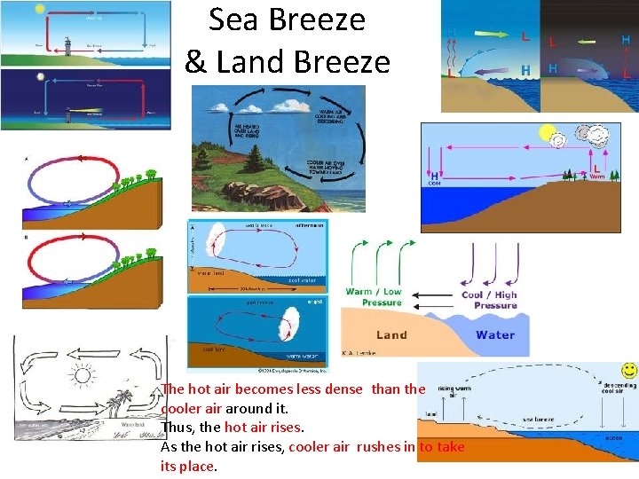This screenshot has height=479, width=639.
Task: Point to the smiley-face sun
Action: point(628,370)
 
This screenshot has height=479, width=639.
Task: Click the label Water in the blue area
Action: point(495,334)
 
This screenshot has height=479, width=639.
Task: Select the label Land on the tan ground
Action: point(391,334)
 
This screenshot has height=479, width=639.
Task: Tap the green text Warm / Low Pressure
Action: point(374,297)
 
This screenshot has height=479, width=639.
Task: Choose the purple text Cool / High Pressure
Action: point(489,300)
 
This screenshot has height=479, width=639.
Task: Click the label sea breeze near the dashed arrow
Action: point(538,418)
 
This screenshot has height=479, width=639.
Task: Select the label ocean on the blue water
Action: point(613,438)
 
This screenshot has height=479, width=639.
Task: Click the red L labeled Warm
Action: point(596,168)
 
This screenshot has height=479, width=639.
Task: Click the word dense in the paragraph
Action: point(343,389)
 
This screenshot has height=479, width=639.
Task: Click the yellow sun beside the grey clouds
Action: point(548,135)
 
